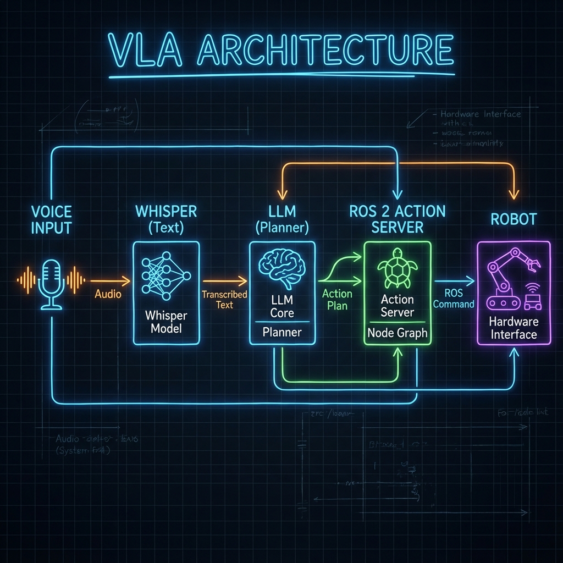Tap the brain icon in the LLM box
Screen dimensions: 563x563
(x=282, y=267)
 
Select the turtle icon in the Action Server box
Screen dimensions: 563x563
(x=397, y=269)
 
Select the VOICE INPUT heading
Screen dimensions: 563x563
(x=52, y=219)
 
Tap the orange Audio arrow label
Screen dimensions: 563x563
(x=108, y=294)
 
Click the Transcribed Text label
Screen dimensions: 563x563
(x=224, y=300)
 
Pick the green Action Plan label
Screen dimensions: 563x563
(x=337, y=299)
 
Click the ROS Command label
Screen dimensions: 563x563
(x=453, y=299)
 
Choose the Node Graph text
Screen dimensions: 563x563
(x=397, y=333)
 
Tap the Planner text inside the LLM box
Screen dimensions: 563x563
(x=282, y=332)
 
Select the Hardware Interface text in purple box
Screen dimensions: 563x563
(x=514, y=328)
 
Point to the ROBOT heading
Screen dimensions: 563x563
(x=513, y=219)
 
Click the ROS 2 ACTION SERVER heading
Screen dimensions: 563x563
(x=398, y=218)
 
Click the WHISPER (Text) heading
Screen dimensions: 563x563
(x=165, y=218)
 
